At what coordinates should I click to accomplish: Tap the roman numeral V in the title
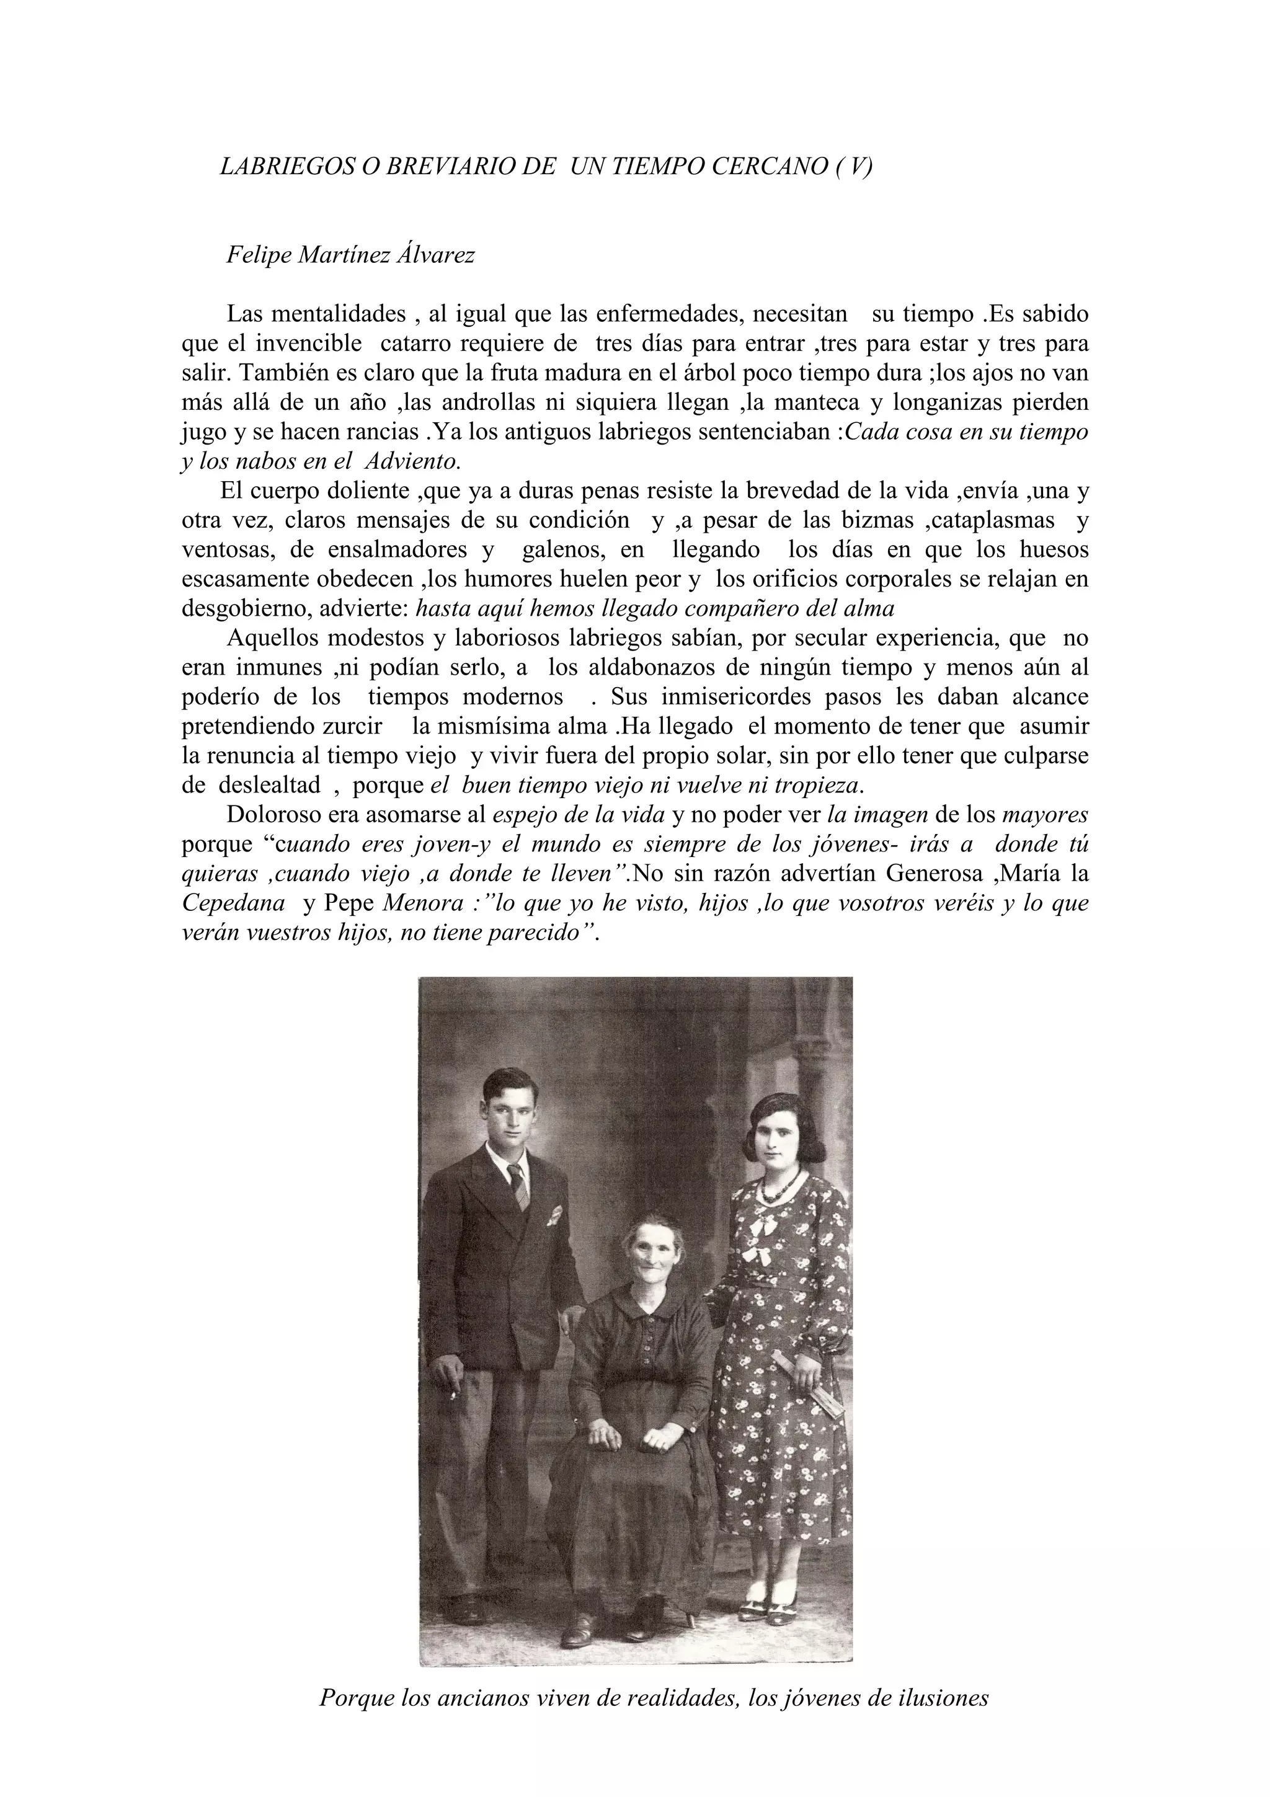point(857,167)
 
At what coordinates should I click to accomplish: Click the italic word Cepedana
point(233,903)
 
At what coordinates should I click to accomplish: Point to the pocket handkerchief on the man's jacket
point(555,1215)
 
